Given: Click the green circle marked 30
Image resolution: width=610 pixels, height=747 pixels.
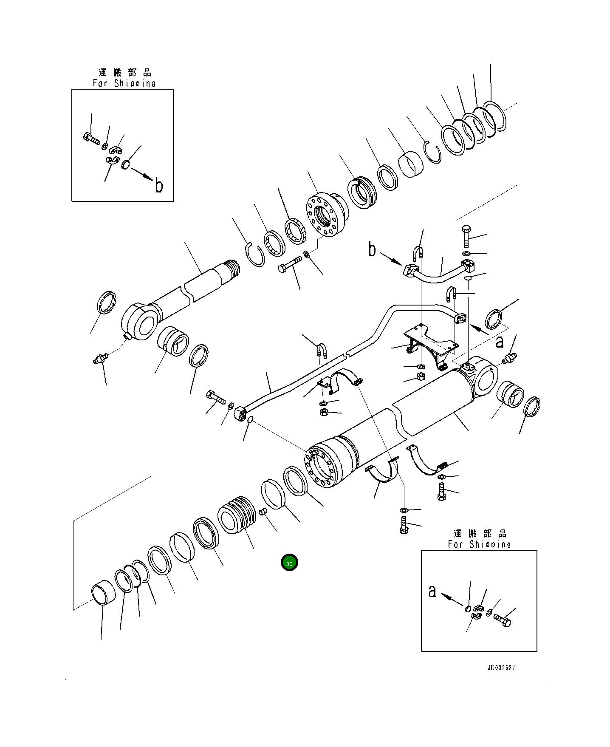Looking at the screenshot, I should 289,563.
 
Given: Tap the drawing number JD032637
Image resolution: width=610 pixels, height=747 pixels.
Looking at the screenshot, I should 501,668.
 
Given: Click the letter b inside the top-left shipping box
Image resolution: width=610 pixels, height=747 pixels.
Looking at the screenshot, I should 159,186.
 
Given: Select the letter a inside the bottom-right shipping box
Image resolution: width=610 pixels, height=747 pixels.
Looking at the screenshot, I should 432,591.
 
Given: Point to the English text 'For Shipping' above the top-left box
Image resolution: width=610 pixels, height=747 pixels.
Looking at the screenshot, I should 124,83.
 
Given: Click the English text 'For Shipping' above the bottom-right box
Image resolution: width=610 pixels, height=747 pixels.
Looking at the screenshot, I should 479,544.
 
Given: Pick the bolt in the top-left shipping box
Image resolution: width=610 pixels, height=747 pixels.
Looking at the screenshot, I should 91,138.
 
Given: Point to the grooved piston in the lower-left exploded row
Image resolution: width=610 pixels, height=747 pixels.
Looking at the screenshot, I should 237,515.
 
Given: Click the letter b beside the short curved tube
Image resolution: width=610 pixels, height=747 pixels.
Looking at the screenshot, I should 372,250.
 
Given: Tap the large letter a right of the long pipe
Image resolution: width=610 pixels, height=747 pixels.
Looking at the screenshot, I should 500,341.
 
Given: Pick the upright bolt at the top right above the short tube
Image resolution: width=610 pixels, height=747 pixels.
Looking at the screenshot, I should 466,236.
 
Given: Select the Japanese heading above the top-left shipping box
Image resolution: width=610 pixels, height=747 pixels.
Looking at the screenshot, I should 124,72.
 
